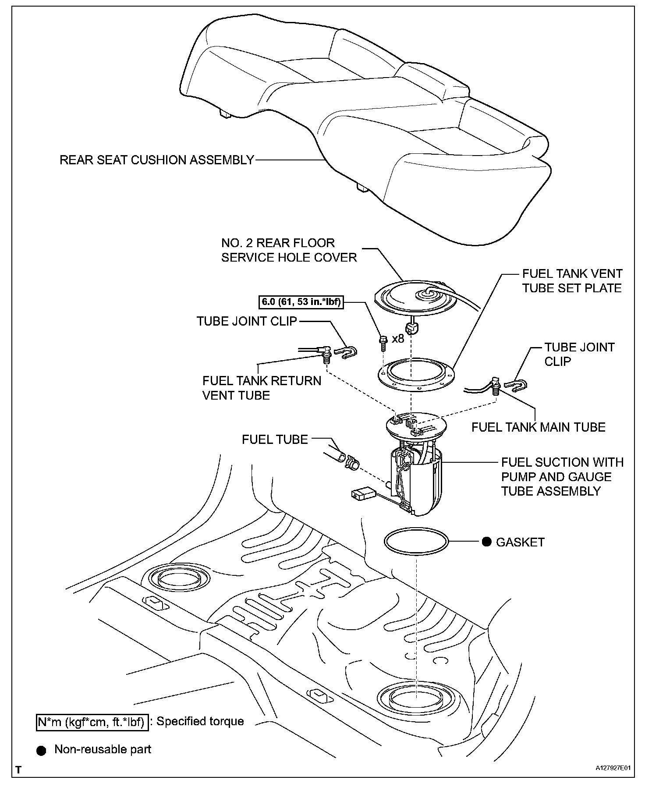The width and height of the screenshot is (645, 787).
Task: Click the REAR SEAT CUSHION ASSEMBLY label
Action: (x=156, y=160)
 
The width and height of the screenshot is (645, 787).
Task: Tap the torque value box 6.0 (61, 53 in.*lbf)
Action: (x=300, y=302)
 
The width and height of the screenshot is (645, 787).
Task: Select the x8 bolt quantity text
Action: (x=398, y=339)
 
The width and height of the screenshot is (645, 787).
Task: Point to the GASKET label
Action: (x=520, y=542)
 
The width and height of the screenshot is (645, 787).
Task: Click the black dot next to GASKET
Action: (x=486, y=542)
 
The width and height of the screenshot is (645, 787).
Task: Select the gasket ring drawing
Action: (x=416, y=542)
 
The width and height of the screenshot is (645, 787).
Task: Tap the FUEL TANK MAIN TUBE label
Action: (x=538, y=427)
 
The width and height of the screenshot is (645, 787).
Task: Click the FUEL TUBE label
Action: (x=275, y=440)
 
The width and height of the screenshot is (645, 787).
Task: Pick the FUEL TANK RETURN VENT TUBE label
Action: (x=262, y=388)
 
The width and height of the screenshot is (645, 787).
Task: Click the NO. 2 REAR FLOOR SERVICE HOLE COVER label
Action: (x=289, y=250)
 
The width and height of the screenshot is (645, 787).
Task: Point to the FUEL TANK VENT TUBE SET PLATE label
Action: (x=572, y=281)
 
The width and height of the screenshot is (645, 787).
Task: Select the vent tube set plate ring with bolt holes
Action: (x=416, y=375)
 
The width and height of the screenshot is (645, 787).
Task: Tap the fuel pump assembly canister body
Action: (x=416, y=482)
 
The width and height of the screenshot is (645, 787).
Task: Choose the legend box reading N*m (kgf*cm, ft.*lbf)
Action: (x=91, y=722)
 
